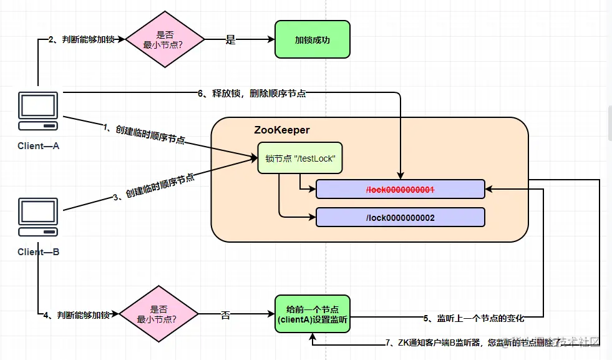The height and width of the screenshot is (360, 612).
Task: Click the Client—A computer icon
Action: pyautogui.click(x=38, y=111)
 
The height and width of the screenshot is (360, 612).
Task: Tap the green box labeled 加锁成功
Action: pyautogui.click(x=313, y=39)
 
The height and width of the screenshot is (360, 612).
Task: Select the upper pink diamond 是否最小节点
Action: pyautogui.click(x=165, y=39)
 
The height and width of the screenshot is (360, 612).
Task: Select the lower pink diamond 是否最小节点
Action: pyautogui.click(x=158, y=314)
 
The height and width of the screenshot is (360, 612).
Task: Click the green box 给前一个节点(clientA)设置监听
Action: pyautogui.click(x=313, y=314)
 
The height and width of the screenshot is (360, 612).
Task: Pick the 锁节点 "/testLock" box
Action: pyautogui.click(x=301, y=158)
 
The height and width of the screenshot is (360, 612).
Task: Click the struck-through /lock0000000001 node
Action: pyautogui.click(x=400, y=189)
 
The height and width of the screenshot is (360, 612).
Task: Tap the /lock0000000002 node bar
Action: pyautogui.click(x=400, y=217)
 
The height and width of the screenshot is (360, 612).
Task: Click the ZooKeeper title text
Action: pyautogui.click(x=282, y=130)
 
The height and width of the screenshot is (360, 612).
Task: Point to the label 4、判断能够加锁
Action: pyautogui.click(x=77, y=315)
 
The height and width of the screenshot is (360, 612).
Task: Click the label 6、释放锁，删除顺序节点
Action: pyautogui.click(x=251, y=94)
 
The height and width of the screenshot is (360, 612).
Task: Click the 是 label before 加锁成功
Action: pyautogui.click(x=230, y=40)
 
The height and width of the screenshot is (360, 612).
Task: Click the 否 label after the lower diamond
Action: pyautogui.click(x=225, y=315)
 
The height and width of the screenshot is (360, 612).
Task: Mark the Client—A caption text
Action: pyautogui.click(x=38, y=145)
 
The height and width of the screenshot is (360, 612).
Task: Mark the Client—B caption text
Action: pyautogui.click(x=38, y=252)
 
